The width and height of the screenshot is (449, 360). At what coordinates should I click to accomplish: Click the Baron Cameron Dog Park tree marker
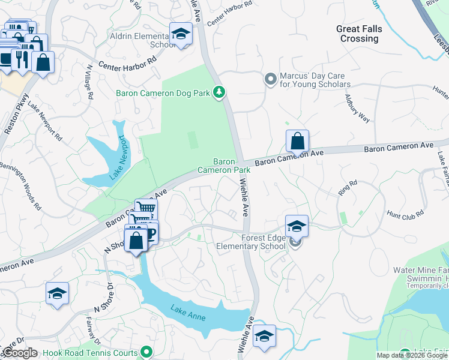click(221, 92)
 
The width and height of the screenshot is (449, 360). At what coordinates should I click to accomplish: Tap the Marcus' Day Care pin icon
click(270, 78)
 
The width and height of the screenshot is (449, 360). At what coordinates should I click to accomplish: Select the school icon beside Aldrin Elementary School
click(179, 35)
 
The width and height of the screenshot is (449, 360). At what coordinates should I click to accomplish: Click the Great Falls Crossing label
click(360, 34)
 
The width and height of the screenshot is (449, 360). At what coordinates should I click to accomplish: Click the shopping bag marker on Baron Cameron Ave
click(297, 142)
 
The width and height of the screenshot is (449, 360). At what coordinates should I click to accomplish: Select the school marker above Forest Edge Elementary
click(297, 227)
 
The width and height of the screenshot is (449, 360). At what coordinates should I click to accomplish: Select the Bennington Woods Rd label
click(21, 183)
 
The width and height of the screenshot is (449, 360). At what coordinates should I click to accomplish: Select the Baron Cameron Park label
click(232, 166)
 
